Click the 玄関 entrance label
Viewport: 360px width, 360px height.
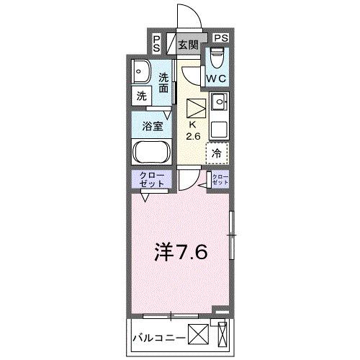(x=189, y=44)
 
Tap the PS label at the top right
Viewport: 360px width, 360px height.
(x=220, y=38)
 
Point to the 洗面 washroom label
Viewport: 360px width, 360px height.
(x=164, y=82)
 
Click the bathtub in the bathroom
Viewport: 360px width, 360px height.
(x=150, y=153)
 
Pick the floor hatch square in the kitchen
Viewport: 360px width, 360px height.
(x=196, y=109)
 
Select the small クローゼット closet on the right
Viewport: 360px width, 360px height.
(x=219, y=181)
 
